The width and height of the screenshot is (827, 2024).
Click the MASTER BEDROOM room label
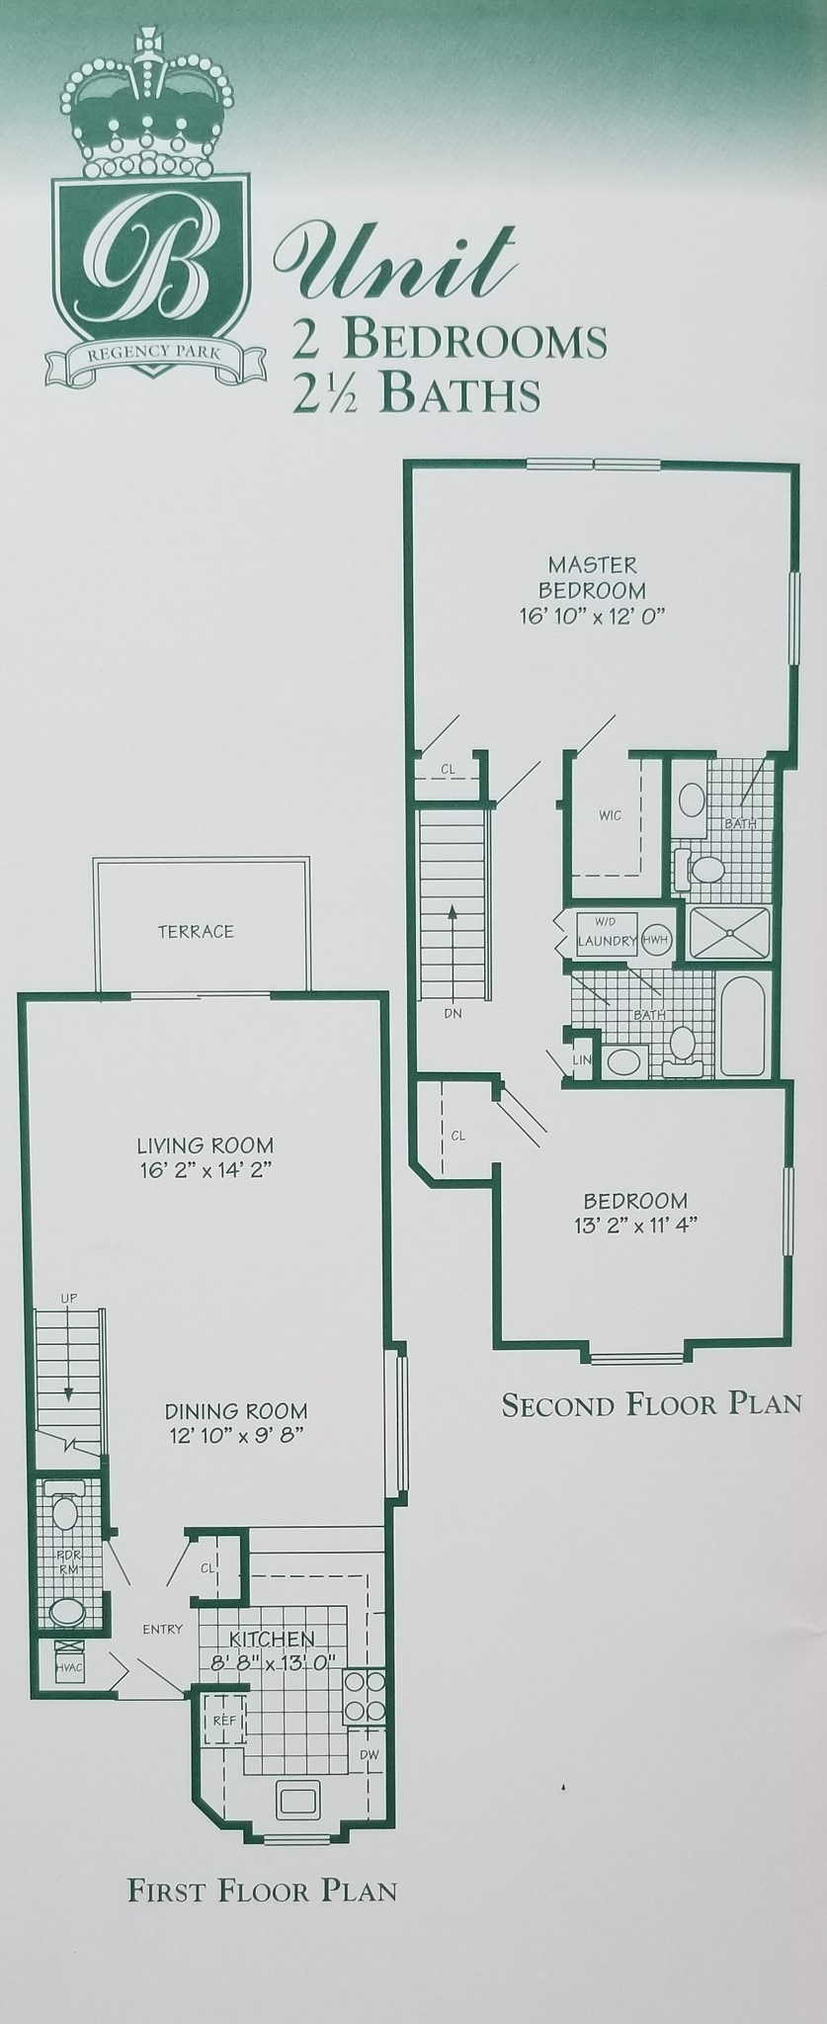[592, 577]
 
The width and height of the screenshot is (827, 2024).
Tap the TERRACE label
[196, 931]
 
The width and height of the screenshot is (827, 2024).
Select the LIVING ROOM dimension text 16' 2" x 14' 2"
[206, 1170]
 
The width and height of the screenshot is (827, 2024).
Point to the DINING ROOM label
[235, 1411]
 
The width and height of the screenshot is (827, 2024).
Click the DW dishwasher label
[369, 1754]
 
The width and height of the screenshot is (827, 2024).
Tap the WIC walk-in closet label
[610, 816]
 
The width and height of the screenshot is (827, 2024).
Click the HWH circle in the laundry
[655, 940]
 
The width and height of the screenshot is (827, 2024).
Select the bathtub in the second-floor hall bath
[744, 1025]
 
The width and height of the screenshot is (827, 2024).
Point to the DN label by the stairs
[453, 1014]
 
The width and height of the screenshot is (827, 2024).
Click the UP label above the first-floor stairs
[68, 1298]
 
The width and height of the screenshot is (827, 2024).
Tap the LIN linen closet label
[581, 1059]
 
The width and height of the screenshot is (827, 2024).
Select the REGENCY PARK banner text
[154, 350]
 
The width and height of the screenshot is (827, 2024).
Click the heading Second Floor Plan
[651, 1403]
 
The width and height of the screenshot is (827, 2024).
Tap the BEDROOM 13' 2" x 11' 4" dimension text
[635, 1225]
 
